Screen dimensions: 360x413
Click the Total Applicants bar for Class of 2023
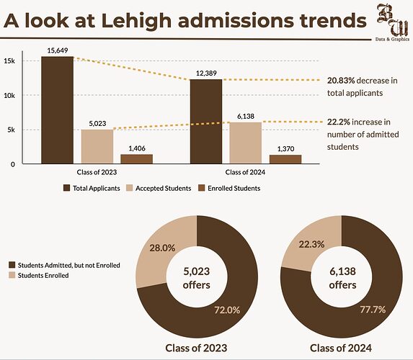(x=57, y=110)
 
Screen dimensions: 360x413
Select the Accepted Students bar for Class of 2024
(x=245, y=143)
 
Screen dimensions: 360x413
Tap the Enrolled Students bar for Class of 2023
(x=137, y=159)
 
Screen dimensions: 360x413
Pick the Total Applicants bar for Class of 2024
(x=206, y=122)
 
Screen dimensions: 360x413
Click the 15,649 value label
(x=57, y=50)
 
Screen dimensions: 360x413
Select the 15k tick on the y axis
(x=10, y=60)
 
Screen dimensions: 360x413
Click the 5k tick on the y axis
(x=10, y=130)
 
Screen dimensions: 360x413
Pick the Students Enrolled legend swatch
(x=11, y=276)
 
